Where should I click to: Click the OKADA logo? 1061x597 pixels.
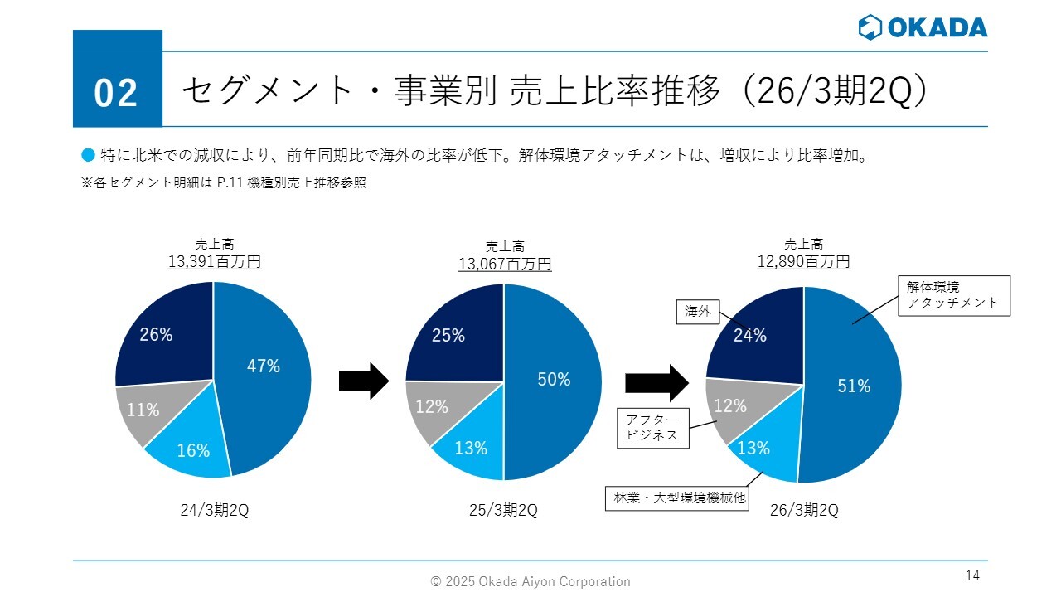[923, 27]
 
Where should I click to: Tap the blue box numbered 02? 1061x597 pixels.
[117, 80]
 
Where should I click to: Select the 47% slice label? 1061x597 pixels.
[264, 366]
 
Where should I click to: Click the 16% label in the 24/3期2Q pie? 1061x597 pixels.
[193, 451]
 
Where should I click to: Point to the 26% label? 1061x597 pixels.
[156, 335]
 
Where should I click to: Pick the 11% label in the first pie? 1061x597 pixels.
[143, 410]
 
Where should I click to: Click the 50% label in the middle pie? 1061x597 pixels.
[554, 380]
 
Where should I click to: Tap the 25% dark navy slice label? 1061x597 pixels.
[448, 336]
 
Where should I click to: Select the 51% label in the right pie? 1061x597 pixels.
[854, 386]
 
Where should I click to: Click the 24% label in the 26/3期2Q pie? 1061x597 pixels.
[749, 336]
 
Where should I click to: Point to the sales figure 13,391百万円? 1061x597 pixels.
[215, 262]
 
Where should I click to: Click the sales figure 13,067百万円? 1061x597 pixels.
[505, 264]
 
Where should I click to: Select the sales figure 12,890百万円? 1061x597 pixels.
[803, 262]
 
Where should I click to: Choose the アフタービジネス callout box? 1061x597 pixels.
[652, 427]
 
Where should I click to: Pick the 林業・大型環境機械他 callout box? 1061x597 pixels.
[679, 498]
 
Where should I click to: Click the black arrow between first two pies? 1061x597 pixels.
[363, 381]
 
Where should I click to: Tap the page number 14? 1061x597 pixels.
[972, 575]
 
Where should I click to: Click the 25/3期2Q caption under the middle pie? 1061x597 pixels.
[503, 511]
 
